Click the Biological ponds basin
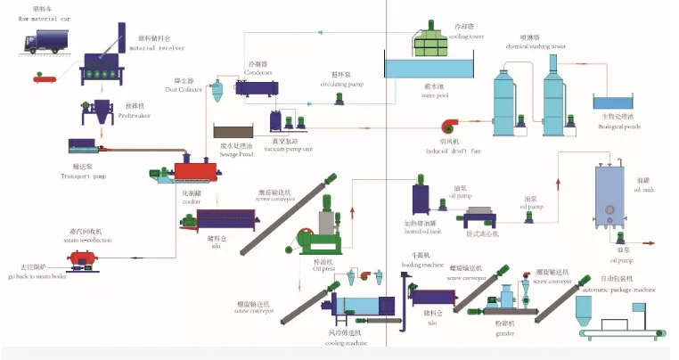pyautogui.click(x=616, y=109)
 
